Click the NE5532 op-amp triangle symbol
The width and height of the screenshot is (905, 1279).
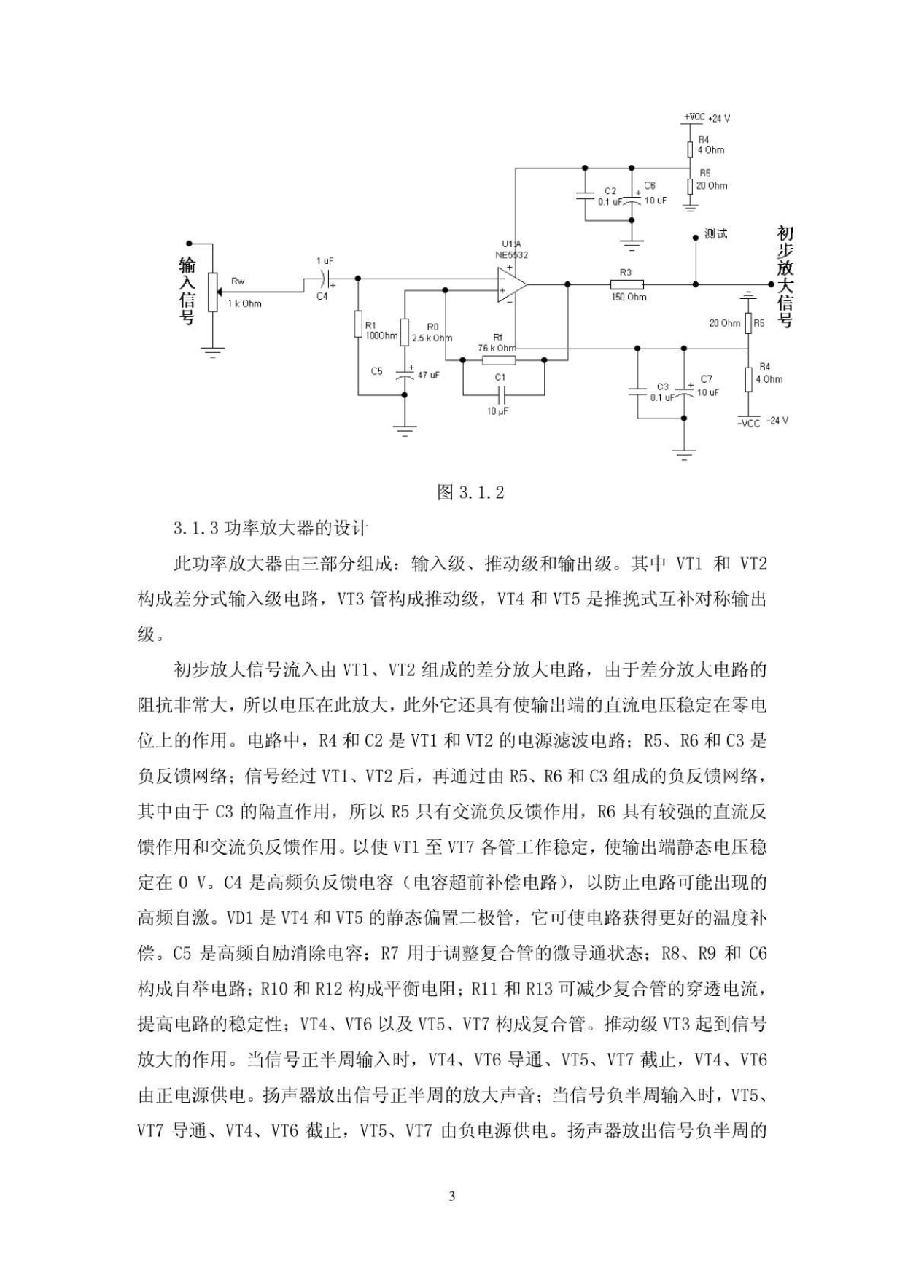[510, 284]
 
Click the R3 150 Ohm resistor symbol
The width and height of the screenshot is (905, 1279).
[627, 284]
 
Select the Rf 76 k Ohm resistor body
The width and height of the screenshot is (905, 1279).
[500, 359]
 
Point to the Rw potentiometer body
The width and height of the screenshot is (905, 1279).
[213, 292]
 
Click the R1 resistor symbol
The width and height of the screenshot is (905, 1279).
[358, 324]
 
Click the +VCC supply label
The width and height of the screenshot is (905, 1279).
[694, 117]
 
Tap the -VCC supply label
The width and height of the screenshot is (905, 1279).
[748, 421]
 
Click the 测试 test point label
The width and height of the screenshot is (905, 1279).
[715, 234]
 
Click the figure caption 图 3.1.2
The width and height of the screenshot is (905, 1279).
[470, 492]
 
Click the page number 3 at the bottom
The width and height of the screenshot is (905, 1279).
[452, 1197]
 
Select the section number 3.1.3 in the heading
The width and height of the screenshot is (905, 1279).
[195, 528]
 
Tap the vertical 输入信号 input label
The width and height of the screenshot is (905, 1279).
[187, 291]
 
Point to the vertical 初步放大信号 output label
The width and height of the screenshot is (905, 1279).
[785, 277]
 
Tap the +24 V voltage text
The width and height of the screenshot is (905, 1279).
[719, 118]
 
